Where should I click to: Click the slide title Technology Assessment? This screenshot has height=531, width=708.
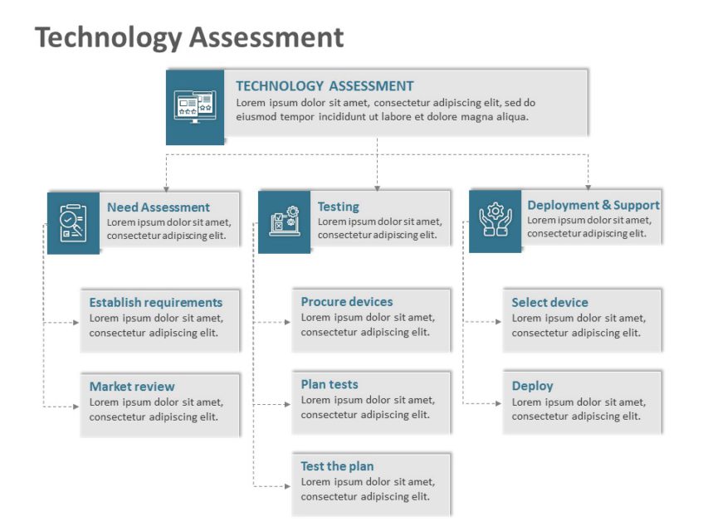(189, 37)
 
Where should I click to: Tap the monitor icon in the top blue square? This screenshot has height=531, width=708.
(195, 107)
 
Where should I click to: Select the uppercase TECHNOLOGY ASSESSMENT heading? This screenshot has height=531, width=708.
(325, 85)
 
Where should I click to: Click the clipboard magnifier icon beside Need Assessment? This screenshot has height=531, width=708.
(73, 222)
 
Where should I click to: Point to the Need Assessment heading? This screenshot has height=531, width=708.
(159, 207)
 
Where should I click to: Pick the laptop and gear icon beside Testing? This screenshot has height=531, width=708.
(284, 222)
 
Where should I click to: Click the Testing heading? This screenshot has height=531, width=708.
(339, 207)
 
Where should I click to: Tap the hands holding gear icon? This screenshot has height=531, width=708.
(496, 220)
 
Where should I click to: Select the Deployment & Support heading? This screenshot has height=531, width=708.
(593, 205)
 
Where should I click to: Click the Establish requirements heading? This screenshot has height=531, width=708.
(156, 302)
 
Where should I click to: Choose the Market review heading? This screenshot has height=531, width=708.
(132, 386)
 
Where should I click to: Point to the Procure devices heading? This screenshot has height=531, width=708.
(347, 301)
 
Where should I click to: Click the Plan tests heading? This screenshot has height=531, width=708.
(330, 384)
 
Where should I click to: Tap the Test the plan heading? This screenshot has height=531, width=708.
(337, 466)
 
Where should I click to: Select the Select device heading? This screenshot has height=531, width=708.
(549, 302)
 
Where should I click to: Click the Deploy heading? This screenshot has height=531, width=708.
(532, 386)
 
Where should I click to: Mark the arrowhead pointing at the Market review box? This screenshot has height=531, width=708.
(76, 406)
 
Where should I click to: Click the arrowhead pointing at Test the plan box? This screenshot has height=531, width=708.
(287, 485)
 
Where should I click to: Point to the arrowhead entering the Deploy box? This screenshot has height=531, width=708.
(498, 403)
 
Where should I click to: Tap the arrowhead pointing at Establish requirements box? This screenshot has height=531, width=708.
(76, 322)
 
